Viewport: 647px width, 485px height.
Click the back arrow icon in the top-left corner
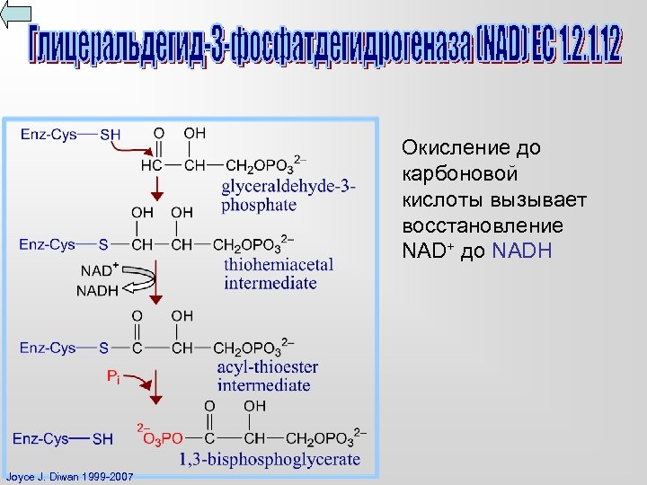pyautogui.click(x=16, y=15)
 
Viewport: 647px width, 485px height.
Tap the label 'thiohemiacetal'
pyautogui.click(x=279, y=264)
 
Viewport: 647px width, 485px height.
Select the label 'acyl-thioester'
pyautogui.click(x=268, y=366)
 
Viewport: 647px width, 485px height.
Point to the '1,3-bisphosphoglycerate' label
pyautogui.click(x=270, y=459)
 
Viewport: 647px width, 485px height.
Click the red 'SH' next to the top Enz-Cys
pyautogui.click(x=110, y=135)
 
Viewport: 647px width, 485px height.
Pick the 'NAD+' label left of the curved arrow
pyautogui.click(x=100, y=269)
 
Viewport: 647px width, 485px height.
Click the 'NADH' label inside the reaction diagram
pyautogui.click(x=97, y=290)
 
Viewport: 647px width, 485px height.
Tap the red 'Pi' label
pyautogui.click(x=113, y=377)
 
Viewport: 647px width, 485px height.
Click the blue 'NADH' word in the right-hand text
pyautogui.click(x=522, y=251)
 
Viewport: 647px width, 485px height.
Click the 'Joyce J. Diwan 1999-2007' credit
pyautogui.click(x=68, y=476)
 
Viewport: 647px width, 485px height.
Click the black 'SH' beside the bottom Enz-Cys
pyautogui.click(x=102, y=439)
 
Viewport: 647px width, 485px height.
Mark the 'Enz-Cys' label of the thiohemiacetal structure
pyautogui.click(x=47, y=244)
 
